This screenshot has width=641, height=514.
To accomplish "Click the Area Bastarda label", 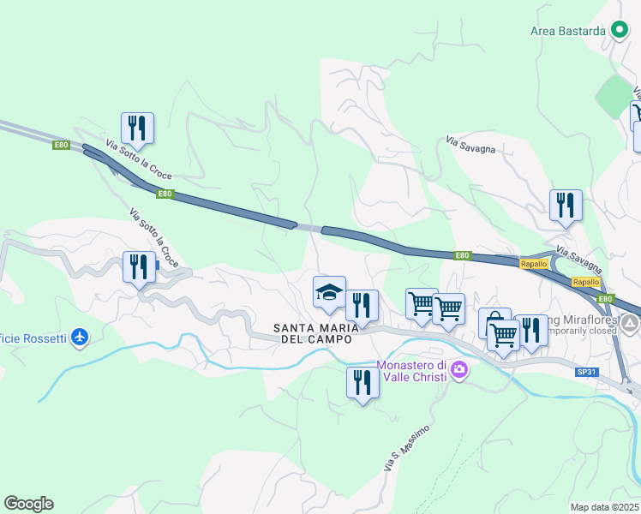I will [x=568, y=31].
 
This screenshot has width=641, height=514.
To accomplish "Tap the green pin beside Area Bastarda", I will [x=620, y=31].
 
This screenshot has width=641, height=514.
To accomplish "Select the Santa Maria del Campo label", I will [x=313, y=333].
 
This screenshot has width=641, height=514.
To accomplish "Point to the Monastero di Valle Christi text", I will [x=408, y=371].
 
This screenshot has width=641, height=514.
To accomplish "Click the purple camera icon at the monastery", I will [x=459, y=370].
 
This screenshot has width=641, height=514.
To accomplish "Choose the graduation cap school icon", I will [x=329, y=294].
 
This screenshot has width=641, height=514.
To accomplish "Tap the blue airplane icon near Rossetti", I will [x=80, y=338].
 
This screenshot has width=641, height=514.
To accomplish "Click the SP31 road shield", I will [x=585, y=372].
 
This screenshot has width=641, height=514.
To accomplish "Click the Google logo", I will [x=28, y=504].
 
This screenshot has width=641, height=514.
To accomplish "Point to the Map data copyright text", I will [x=605, y=507].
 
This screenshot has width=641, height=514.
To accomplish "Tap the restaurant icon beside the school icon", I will [x=362, y=307].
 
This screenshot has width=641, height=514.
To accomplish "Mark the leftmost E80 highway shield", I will [x=60, y=145].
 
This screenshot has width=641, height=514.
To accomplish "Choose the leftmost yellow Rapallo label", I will [x=531, y=265].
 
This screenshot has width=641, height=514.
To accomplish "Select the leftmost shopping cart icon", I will [x=421, y=304].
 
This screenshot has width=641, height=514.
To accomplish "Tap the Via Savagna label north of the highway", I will [x=470, y=143].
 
